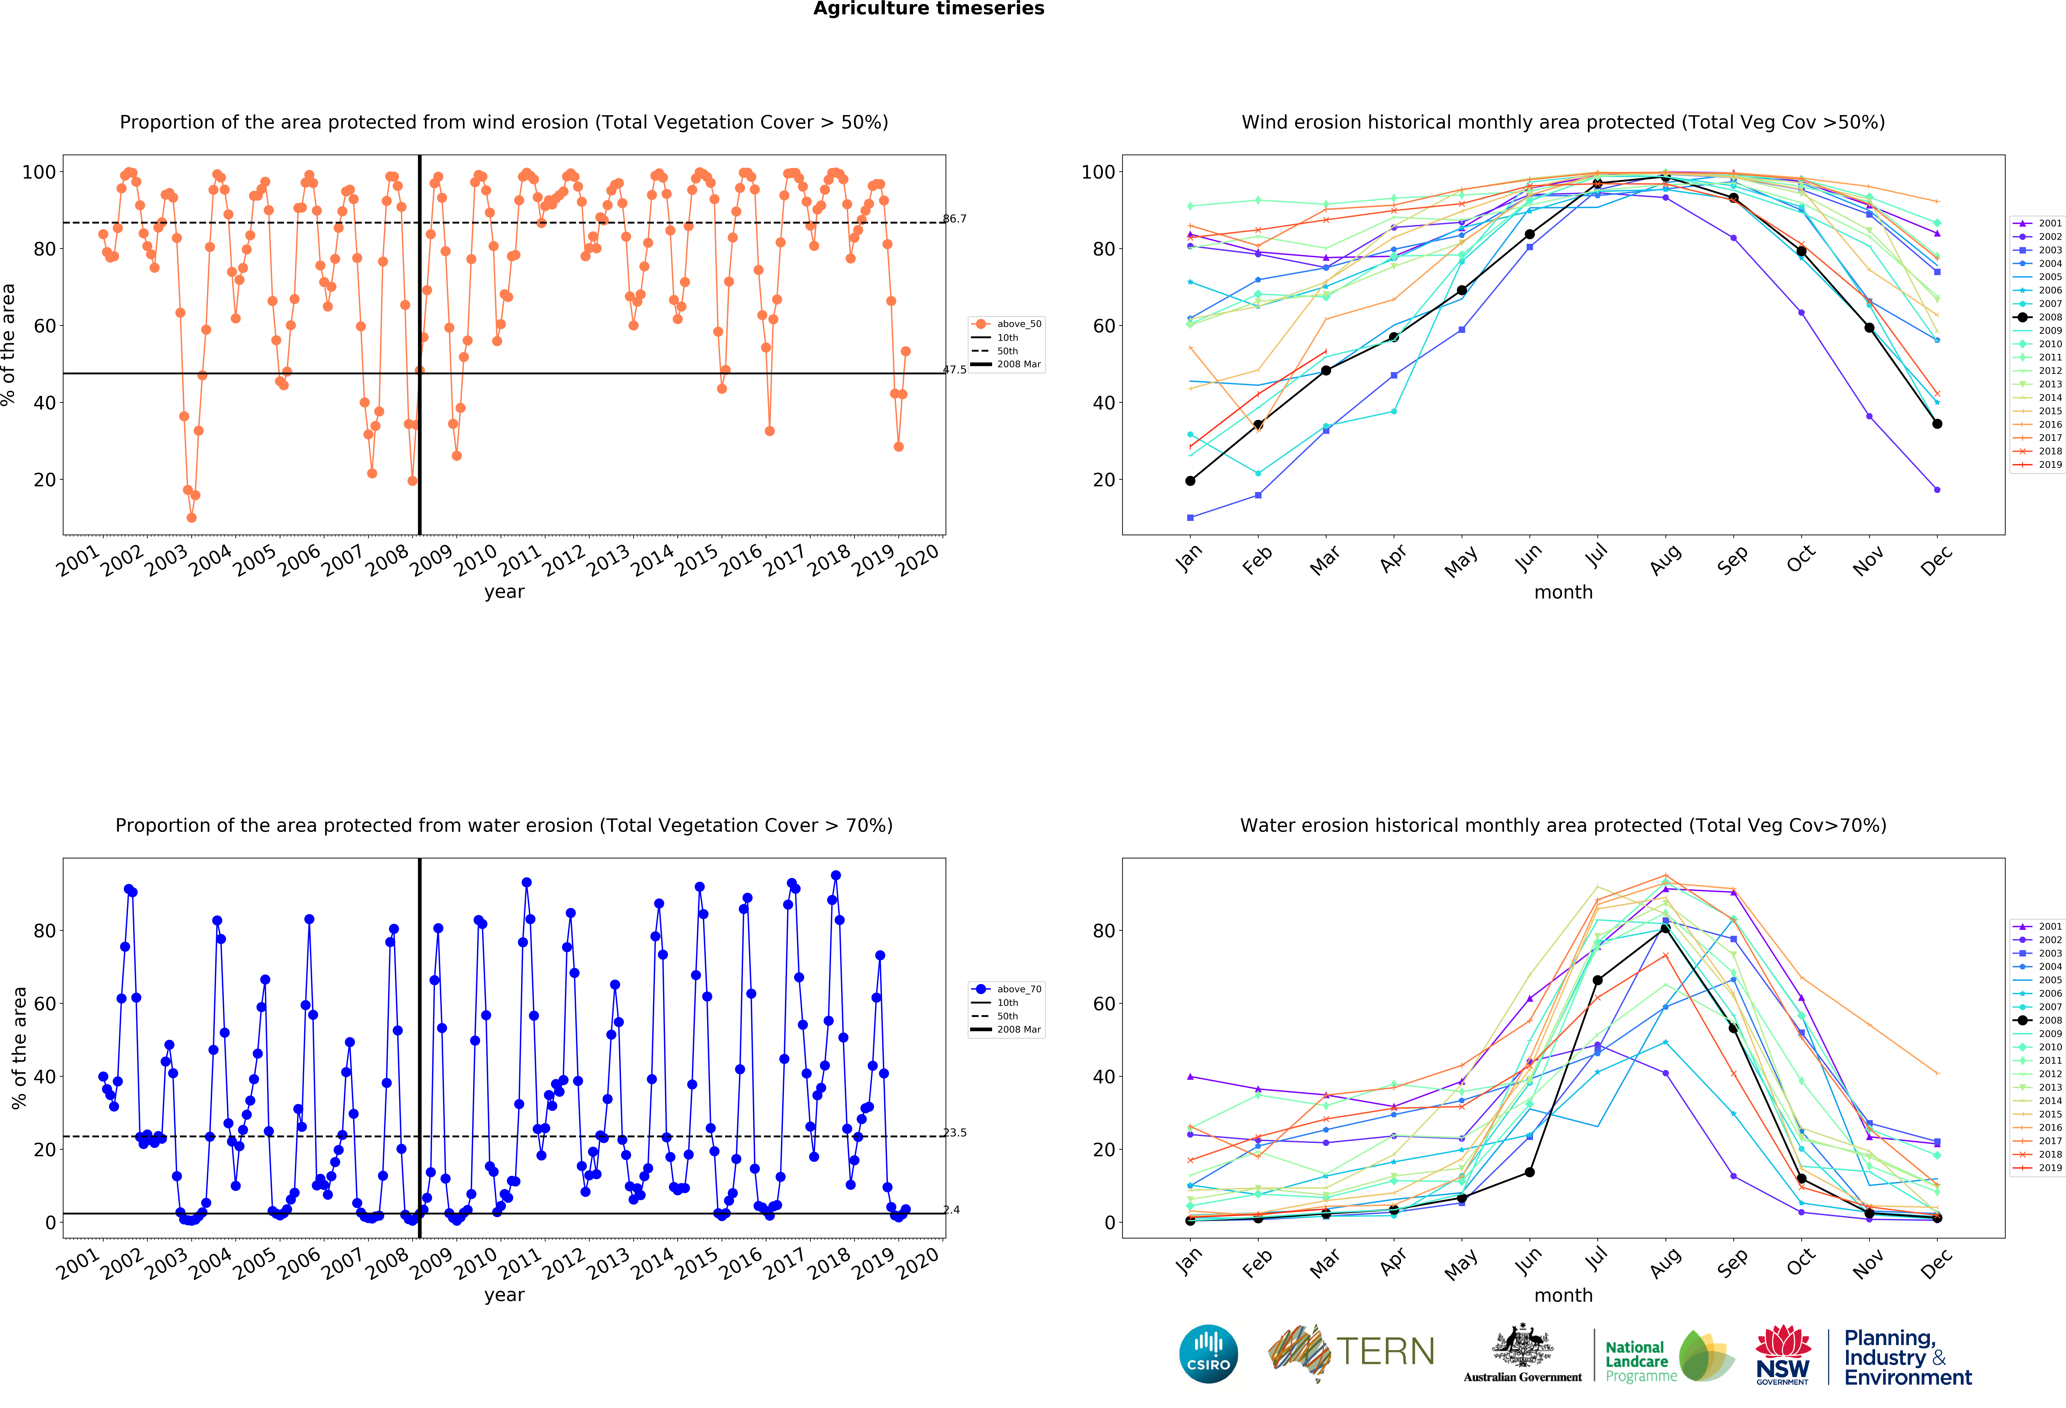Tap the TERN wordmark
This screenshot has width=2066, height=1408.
click(1385, 1352)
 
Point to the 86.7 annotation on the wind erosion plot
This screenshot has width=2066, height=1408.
click(955, 219)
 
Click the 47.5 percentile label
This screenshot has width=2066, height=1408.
click(955, 370)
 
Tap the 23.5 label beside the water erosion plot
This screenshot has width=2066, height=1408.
click(955, 1132)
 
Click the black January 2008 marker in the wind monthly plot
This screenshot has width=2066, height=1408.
click(1190, 481)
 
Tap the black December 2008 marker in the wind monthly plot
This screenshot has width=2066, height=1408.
click(1937, 424)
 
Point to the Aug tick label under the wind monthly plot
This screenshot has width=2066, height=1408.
click(1665, 560)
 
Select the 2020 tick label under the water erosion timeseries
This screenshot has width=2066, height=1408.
click(917, 1263)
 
